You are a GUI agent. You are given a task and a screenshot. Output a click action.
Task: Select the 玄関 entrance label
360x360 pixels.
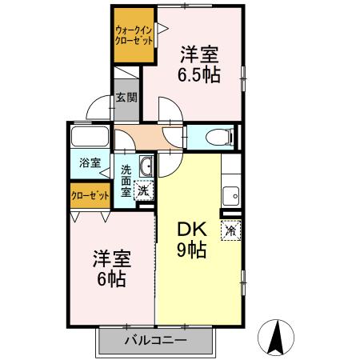pos(126,98)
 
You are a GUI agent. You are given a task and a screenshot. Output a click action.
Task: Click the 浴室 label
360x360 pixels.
pos(90,162)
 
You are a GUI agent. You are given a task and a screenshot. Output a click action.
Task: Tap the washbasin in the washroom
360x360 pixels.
pos(146,166)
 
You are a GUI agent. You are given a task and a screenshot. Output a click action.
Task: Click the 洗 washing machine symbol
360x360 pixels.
pos(142,190)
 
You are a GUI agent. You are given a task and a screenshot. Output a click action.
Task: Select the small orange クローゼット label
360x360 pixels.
pos(89,194)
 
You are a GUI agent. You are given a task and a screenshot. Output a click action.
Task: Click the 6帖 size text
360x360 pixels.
pos(112,281)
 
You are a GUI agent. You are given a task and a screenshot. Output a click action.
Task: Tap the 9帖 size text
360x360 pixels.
pos(191,250)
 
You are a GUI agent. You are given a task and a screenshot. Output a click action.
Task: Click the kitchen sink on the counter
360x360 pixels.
pos(231,193)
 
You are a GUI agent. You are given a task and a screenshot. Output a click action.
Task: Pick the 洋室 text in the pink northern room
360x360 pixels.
pos(199,54)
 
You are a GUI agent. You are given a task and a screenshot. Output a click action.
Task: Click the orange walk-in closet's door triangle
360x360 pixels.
pos(162,29)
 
